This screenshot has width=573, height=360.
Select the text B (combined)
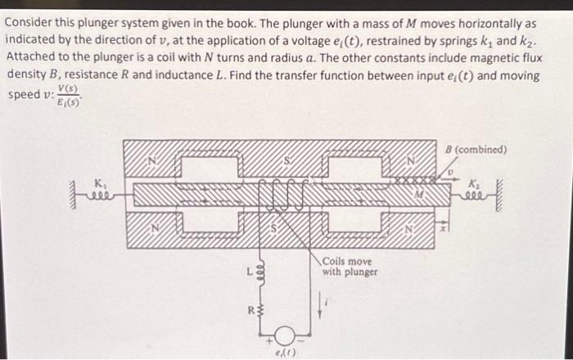[478, 149]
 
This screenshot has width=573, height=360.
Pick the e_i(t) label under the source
[283, 352]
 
